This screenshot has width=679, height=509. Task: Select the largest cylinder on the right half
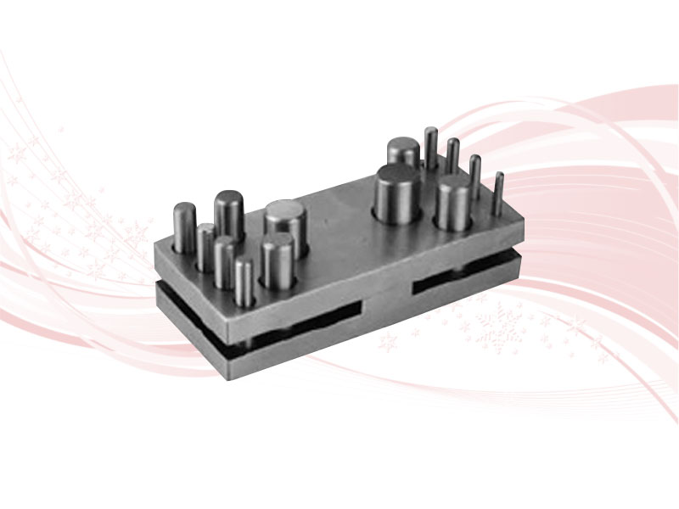coord(397,195)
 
